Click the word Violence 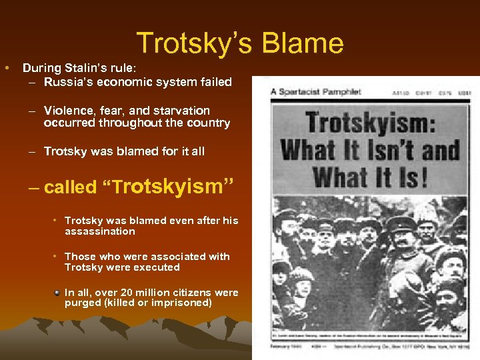tap(70, 111)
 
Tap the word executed tap(157, 267)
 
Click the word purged tap(83, 303)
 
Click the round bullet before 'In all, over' tap(57, 292)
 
